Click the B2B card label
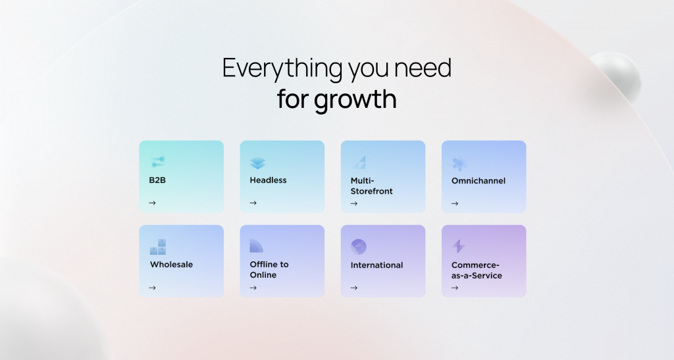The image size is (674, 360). (157, 180)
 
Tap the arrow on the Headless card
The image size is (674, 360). (253, 203)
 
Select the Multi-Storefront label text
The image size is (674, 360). (371, 186)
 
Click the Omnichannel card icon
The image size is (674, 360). (459, 163)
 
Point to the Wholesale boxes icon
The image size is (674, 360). (158, 247)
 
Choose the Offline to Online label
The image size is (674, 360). (269, 270)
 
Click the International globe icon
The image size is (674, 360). (359, 247)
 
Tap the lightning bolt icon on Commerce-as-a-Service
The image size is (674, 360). (459, 246)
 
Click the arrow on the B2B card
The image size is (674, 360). (152, 203)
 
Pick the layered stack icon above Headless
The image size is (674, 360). (257, 163)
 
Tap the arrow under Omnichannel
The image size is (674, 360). (454, 203)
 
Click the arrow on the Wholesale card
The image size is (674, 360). (152, 288)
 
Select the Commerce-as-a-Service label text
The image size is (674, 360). (477, 270)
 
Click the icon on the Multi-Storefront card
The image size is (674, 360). (359, 162)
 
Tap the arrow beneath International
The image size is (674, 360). (353, 288)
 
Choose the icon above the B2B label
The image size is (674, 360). (157, 161)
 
